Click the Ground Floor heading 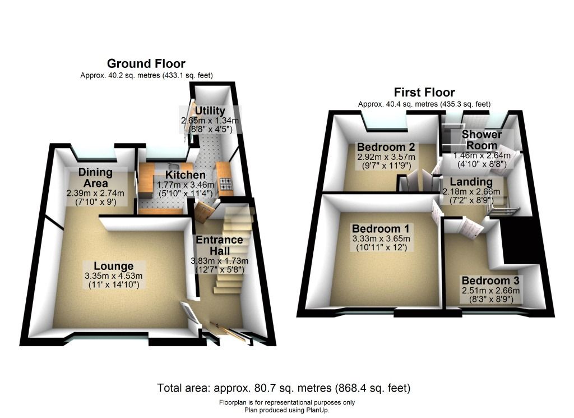(146, 63)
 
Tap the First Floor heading (424, 92)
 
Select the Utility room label (210, 111)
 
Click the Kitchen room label (185, 174)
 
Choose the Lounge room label (113, 266)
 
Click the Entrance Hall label (219, 245)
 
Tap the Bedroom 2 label (386, 147)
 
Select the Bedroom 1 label (381, 228)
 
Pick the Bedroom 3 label (490, 281)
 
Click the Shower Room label (482, 140)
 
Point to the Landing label (471, 182)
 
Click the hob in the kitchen (226, 183)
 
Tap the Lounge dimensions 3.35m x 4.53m (113, 276)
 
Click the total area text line (284, 388)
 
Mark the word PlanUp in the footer (317, 410)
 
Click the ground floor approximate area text (146, 76)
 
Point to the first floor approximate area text (424, 104)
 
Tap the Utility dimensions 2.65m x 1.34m (210, 121)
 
